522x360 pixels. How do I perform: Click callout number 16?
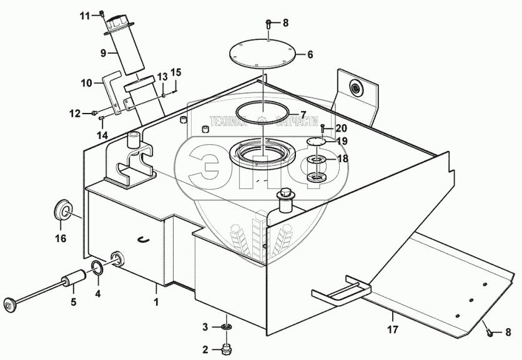(60, 238)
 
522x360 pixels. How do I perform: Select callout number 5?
(73, 303)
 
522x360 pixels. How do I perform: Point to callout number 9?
(104, 53)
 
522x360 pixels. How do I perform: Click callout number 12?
(75, 114)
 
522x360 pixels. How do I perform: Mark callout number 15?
(175, 73)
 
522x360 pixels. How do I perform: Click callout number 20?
(341, 128)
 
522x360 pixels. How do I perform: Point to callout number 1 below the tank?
(156, 301)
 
